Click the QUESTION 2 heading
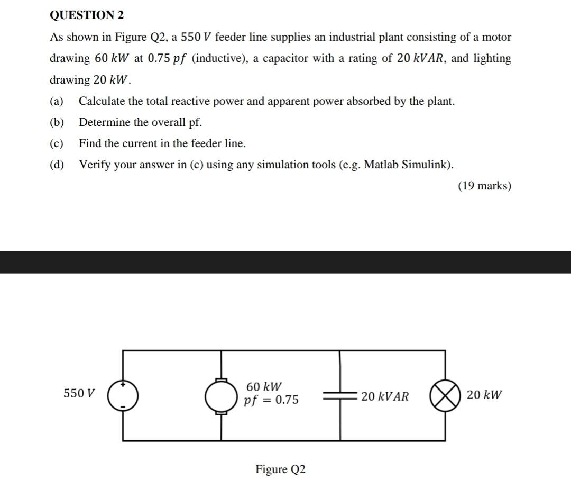point(87,15)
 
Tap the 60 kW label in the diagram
point(264,387)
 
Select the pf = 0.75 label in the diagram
point(271,400)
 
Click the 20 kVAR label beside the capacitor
point(385,396)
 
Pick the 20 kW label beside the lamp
point(484,395)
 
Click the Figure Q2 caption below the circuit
point(280,469)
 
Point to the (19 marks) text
point(484,186)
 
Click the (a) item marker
point(57,101)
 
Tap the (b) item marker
point(57,122)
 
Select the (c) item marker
point(57,143)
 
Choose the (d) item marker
point(57,165)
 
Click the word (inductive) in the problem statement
point(218,58)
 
